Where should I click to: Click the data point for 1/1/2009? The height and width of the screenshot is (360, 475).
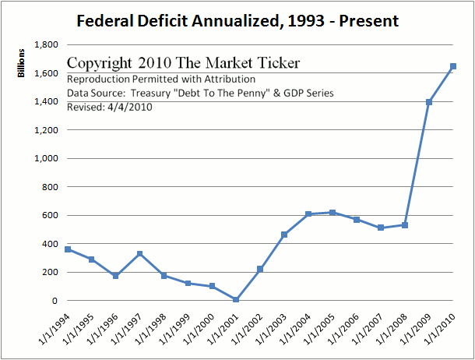tap(428, 102)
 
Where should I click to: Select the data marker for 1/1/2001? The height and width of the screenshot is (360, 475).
tap(235, 299)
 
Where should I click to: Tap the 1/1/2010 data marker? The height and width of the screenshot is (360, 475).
tap(452, 66)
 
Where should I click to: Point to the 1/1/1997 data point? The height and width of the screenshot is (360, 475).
tap(139, 253)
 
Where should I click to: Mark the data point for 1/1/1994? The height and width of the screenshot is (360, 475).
tap(67, 249)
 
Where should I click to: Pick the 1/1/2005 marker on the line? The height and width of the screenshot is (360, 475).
tap(332, 213)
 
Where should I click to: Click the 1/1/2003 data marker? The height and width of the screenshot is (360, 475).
tap(283, 235)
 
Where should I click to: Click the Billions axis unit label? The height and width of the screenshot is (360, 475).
tap(23, 62)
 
